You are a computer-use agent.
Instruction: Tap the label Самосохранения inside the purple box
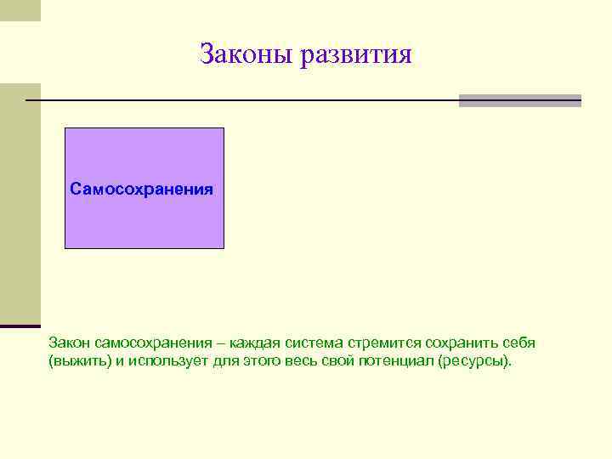click(x=142, y=188)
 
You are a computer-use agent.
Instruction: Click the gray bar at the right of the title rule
click(x=519, y=100)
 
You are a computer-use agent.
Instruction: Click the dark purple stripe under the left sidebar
click(x=20, y=326)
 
